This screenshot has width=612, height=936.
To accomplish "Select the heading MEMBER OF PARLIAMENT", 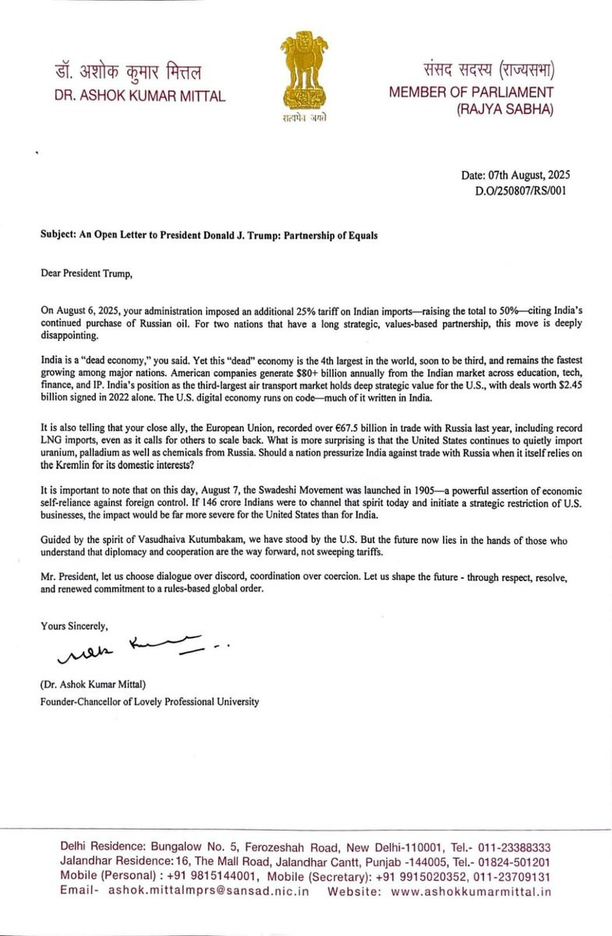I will point(471,92).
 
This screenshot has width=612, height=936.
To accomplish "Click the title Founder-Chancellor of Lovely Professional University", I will point(150,701).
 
